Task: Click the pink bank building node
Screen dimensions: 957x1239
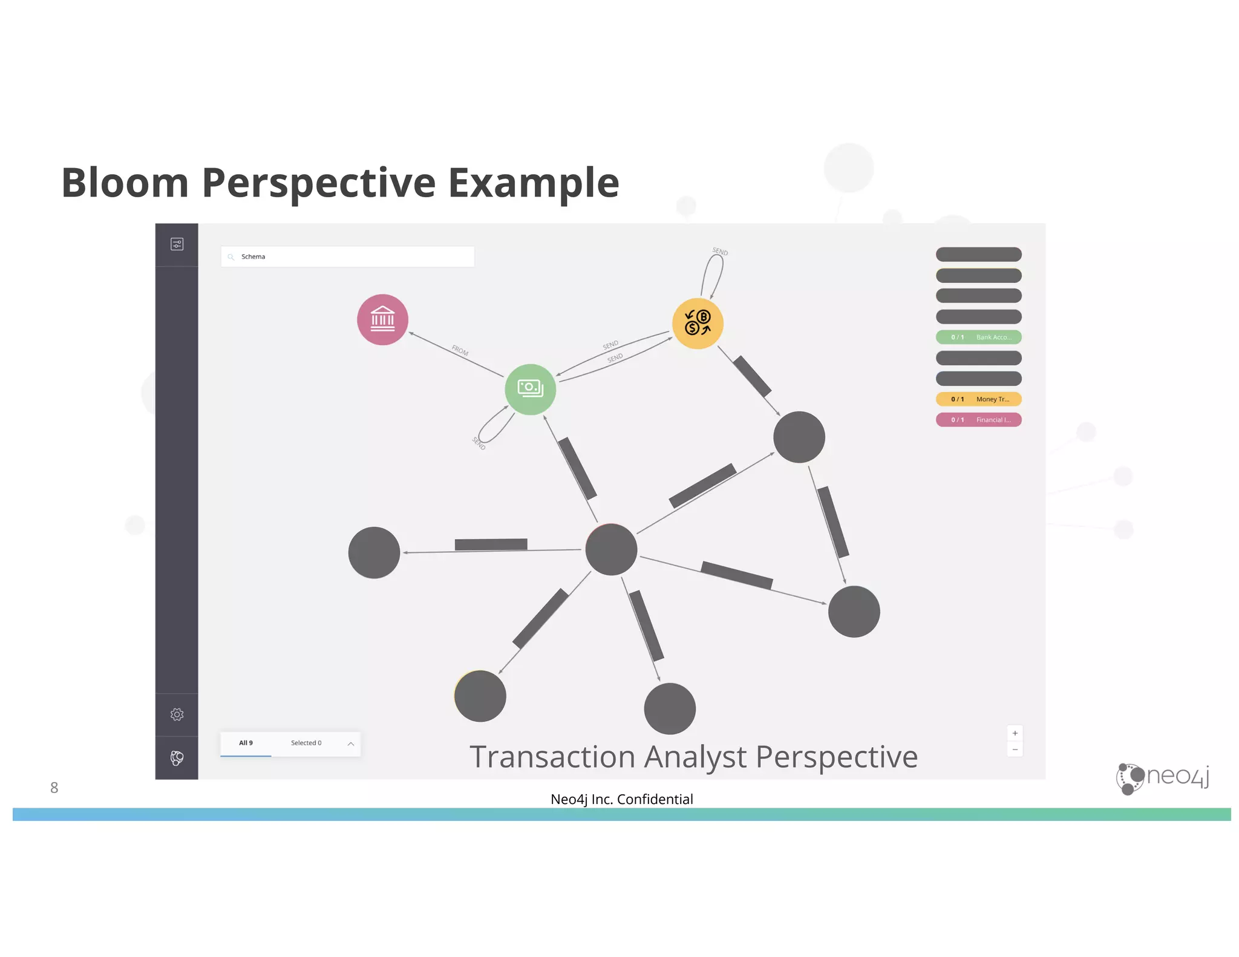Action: (x=382, y=320)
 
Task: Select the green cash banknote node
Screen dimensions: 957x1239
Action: (x=530, y=389)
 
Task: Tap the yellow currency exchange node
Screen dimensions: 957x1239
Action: (x=698, y=324)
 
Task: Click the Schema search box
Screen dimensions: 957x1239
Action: (x=348, y=256)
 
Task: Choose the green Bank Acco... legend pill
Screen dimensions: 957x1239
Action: (x=978, y=337)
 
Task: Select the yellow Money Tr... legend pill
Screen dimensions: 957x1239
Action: (x=978, y=399)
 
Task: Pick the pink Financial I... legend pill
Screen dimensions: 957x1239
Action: (x=978, y=420)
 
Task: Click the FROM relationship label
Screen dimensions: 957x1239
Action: (x=460, y=350)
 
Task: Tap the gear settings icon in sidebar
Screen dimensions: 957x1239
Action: (x=177, y=714)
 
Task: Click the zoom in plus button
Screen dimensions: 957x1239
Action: (x=1015, y=733)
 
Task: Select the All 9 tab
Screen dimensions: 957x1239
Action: (x=246, y=743)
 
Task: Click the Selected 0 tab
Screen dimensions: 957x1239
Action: (x=306, y=743)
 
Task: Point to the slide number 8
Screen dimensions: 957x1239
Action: (x=54, y=788)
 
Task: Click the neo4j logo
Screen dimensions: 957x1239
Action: (x=1162, y=778)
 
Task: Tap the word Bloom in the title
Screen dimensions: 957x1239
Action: (x=125, y=183)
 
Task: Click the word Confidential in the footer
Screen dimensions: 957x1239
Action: (x=655, y=799)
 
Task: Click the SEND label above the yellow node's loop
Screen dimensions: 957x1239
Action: (x=720, y=251)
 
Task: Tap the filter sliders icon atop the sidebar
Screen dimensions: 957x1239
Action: (x=177, y=244)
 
